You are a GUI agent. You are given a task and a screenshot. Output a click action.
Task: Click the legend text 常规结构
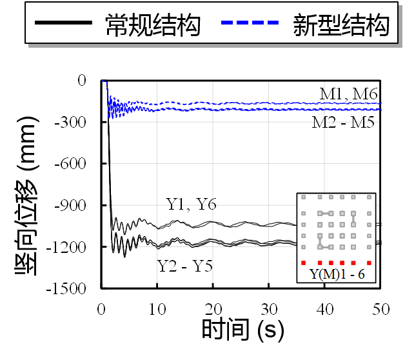pos(153,26)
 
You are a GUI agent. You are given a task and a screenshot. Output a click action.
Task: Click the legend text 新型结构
pos(341,26)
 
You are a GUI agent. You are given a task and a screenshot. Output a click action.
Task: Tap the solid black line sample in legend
pos(63,24)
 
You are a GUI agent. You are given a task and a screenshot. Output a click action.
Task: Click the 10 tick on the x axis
pos(157,309)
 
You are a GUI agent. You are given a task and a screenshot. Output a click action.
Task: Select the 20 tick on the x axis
pos(213,309)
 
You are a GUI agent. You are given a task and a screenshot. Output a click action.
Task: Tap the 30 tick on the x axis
pos(269,309)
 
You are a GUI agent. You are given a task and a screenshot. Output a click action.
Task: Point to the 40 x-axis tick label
pos(325,309)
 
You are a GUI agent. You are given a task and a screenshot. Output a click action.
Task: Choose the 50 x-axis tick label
pos(380,309)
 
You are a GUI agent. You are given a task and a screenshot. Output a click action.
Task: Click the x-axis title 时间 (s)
pos(242,331)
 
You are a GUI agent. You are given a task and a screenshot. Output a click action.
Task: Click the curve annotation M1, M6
pos(348,94)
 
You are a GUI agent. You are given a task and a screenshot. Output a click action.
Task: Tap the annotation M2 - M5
pos(343,122)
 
